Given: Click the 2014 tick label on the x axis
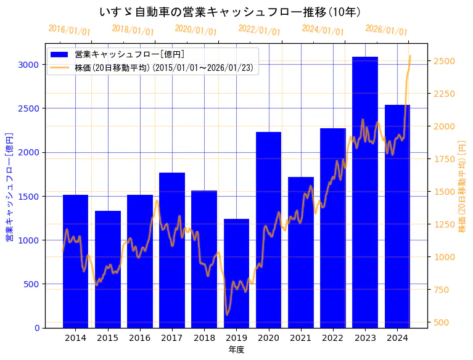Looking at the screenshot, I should pyautogui.click(x=75, y=338).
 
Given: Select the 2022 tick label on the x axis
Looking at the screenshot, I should pyautogui.click(x=333, y=338).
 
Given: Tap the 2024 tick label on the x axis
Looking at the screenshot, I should pyautogui.click(x=397, y=338).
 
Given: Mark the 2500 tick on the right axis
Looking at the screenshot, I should pyautogui.click(x=445, y=61).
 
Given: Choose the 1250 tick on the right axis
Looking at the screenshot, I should pyautogui.click(x=445, y=224).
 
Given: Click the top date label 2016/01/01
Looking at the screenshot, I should pyautogui.click(x=69, y=30).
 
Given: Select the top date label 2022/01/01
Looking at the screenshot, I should pyautogui.click(x=259, y=30).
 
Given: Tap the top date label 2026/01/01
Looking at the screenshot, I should pyautogui.click(x=386, y=30).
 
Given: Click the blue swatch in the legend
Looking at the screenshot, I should pyautogui.click(x=60, y=55).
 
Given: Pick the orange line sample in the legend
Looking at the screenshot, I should pyautogui.click(x=60, y=68).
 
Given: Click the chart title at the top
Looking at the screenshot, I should pyautogui.click(x=229, y=12).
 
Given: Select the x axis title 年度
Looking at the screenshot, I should pyautogui.click(x=236, y=350).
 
